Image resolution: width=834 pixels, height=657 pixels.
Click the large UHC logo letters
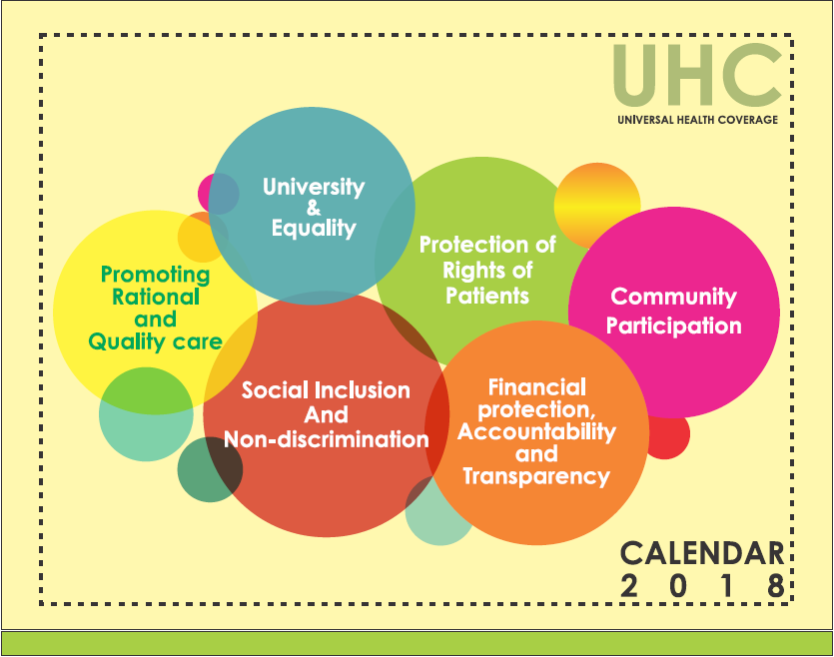[697, 75]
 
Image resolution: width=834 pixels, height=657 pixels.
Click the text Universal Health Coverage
[697, 120]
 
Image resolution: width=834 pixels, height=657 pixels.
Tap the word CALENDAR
[702, 553]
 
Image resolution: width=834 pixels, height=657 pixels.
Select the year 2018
[702, 585]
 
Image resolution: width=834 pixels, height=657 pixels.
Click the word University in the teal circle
[314, 187]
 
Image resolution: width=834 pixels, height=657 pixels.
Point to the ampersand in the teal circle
[314, 208]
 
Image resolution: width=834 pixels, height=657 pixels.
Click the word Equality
[314, 229]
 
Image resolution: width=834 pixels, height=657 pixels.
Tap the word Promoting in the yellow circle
[155, 276]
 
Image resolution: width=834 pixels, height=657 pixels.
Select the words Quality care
[155, 341]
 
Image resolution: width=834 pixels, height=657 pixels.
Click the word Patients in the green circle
[487, 296]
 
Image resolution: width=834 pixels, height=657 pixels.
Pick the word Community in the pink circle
[673, 298]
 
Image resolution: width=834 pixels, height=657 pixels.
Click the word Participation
[673, 326]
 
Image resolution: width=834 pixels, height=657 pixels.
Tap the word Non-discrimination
[326, 439]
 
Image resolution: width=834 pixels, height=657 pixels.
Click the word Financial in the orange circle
[537, 387]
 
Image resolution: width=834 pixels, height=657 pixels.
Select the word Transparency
[536, 476]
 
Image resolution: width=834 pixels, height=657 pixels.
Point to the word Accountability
[536, 431]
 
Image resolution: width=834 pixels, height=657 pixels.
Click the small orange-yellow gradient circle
[596, 205]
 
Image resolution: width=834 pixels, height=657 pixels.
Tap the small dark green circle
[210, 470]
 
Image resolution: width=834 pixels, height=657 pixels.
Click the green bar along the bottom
[417, 643]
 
